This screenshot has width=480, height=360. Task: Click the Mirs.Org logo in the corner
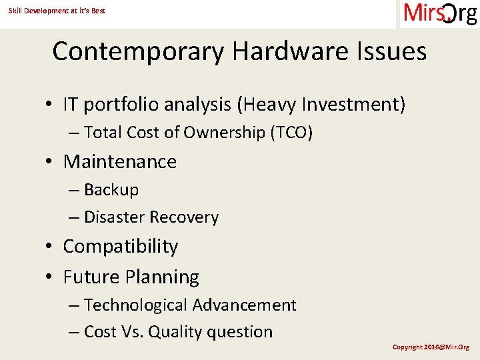tap(440, 13)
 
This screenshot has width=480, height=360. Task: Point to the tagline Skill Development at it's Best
tap(57, 11)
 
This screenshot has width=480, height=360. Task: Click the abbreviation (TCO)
tap(291, 133)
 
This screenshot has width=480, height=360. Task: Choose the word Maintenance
tap(120, 162)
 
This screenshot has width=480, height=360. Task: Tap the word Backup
tap(111, 190)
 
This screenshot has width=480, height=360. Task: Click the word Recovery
tap(184, 217)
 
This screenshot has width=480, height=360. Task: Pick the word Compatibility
tap(121, 247)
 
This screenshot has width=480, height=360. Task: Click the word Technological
tap(136, 305)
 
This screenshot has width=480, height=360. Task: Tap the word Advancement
tap(244, 305)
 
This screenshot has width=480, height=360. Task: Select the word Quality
tap(177, 332)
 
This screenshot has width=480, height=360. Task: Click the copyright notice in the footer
tap(431, 347)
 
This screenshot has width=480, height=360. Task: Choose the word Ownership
tap(215, 133)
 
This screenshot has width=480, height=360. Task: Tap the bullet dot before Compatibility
tap(50, 247)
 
